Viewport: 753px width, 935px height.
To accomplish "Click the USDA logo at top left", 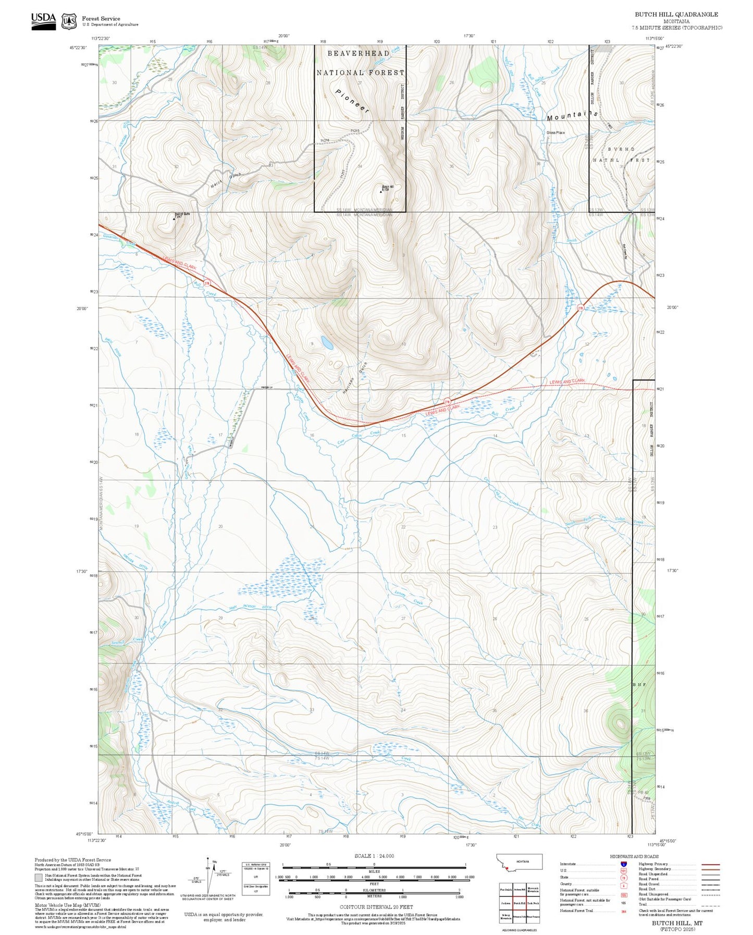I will pos(43,21).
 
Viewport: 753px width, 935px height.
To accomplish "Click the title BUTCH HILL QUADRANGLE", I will pos(676,15).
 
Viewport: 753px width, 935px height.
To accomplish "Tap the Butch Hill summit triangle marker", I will pos(381,191).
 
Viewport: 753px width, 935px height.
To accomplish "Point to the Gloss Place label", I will pos(556,132).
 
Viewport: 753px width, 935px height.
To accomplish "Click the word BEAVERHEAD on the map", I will pos(359,54).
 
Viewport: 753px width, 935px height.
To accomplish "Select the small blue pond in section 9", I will pos(327,342).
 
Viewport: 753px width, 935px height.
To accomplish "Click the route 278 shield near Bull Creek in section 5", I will pos(207,284).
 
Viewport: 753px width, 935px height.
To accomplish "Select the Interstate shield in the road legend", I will pos(623,864).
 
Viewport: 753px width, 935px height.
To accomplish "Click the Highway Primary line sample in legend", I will pos(711,864).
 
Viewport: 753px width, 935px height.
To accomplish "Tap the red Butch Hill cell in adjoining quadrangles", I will pos(519,903).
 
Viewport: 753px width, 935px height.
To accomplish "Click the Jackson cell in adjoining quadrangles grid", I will pos(505,903).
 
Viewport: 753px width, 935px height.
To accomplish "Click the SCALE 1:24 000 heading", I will pos(374,856).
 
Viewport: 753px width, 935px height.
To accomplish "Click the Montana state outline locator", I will pos(519,862).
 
